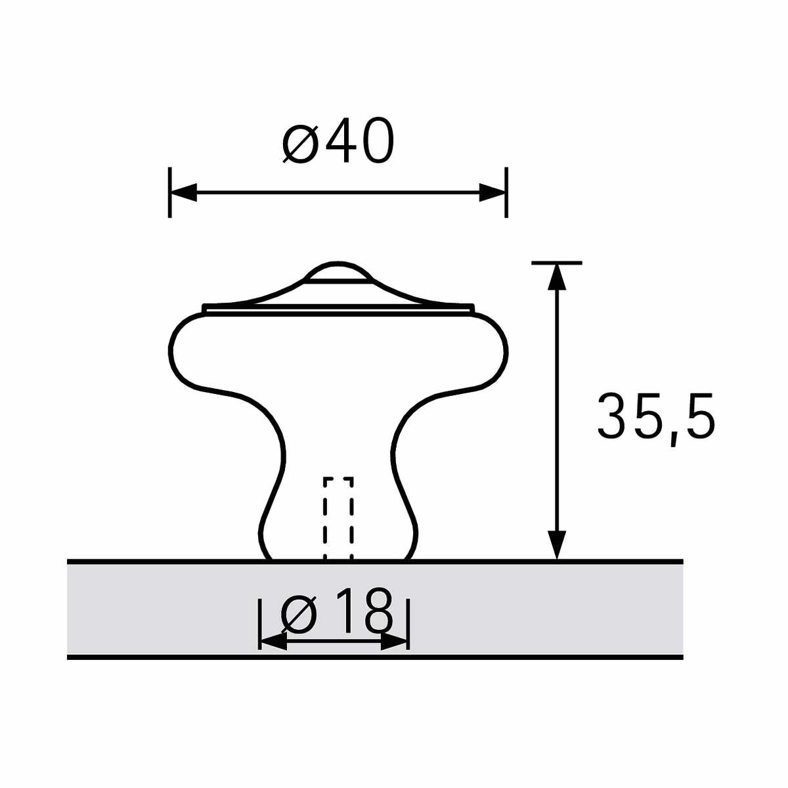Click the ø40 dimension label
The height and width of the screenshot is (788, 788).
coord(338,141)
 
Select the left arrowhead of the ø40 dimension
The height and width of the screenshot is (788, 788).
coord(183,192)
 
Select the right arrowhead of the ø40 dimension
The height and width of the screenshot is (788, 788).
coord(492,192)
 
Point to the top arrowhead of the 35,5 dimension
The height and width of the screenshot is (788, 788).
coord(557,277)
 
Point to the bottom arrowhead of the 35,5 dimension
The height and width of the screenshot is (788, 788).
coord(557,544)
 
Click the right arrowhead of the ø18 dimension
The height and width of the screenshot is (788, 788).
coord(394,642)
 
